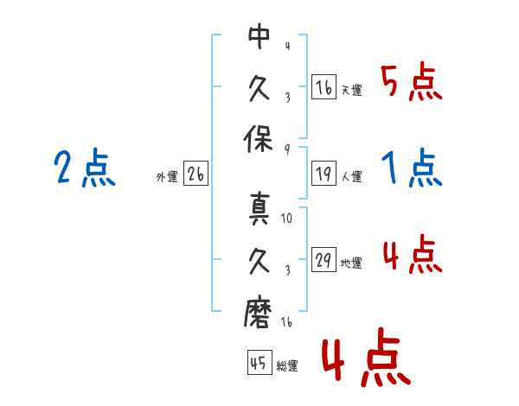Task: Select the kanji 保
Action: (259, 140)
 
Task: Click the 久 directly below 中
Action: (259, 88)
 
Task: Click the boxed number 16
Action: (324, 88)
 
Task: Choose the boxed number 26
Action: (195, 175)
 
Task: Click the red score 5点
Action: (411, 83)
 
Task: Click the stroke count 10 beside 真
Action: (287, 219)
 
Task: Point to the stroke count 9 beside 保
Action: (287, 148)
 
